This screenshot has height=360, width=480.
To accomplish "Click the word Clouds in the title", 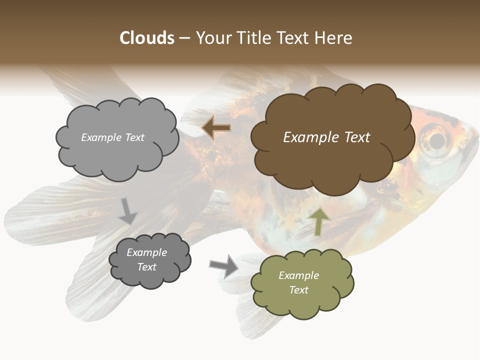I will (x=147, y=38).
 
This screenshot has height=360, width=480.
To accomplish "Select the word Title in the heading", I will (x=253, y=38).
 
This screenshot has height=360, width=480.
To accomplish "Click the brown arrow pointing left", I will (x=216, y=128).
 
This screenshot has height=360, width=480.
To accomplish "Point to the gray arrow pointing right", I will (x=224, y=265).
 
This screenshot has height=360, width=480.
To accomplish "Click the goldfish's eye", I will (x=437, y=139).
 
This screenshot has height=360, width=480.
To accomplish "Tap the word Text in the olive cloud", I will (x=298, y=290).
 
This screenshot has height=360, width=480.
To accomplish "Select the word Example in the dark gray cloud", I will (x=146, y=252).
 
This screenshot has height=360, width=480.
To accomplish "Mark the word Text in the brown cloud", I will (x=356, y=137).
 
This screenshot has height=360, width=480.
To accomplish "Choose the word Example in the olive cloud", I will (x=298, y=275).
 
